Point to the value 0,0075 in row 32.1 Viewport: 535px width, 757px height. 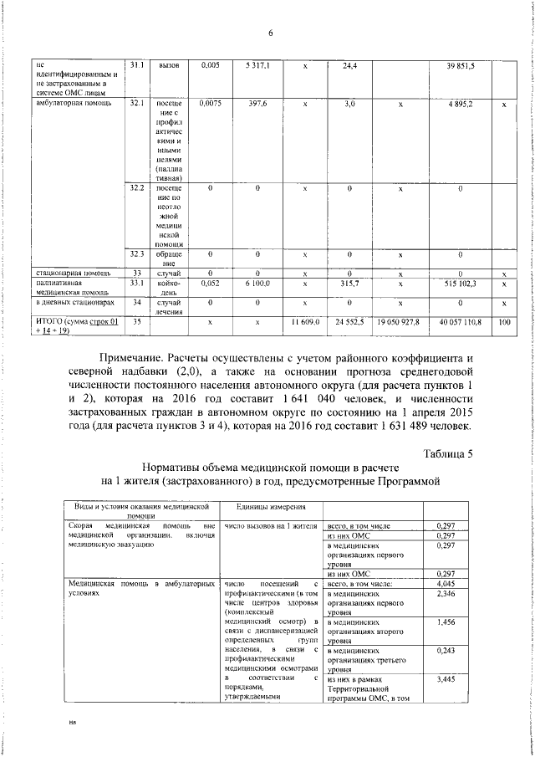[210, 104]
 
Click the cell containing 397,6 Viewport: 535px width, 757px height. [257, 104]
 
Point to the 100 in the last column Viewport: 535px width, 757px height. [503, 321]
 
